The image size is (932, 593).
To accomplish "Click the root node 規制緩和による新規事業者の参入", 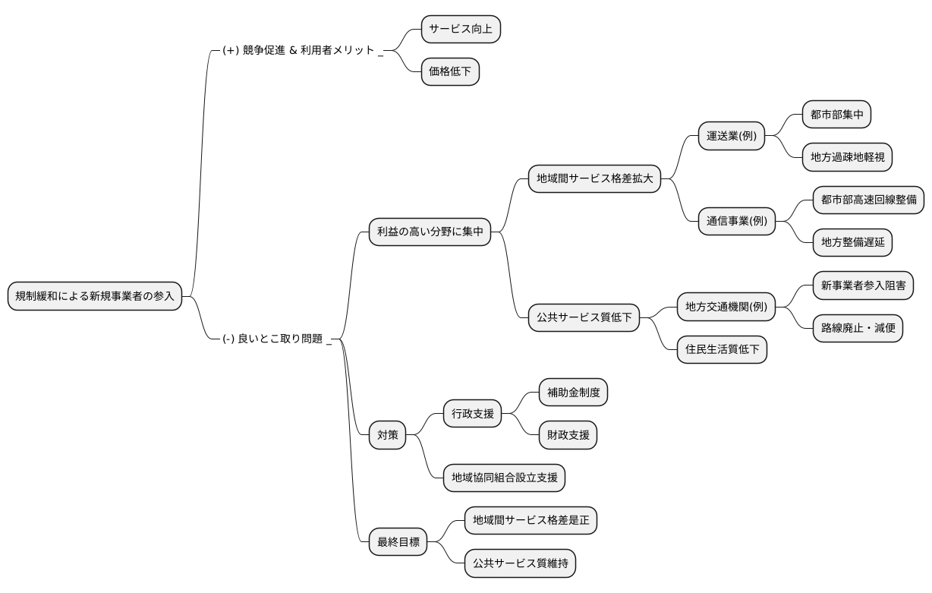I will pyautogui.click(x=95, y=296).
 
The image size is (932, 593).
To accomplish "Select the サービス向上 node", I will pyautogui.click(x=461, y=30).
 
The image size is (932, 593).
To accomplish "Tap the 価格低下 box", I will pyautogui.click(x=450, y=72).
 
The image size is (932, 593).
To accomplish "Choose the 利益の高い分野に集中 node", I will pyautogui.click(x=430, y=232).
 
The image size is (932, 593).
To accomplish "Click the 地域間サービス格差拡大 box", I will pyautogui.click(x=595, y=179).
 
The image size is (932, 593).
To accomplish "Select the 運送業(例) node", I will pyautogui.click(x=731, y=137).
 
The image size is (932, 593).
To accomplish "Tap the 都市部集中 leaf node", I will pyautogui.click(x=836, y=115).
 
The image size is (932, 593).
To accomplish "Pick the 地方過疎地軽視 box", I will pyautogui.click(x=847, y=157).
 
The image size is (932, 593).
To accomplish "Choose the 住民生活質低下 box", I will pyautogui.click(x=722, y=350).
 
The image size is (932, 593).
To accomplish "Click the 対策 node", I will pyautogui.click(x=387, y=436).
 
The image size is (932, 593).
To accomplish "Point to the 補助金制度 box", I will pyautogui.click(x=573, y=393).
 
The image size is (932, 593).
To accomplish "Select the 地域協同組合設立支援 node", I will pyautogui.click(x=504, y=478).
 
